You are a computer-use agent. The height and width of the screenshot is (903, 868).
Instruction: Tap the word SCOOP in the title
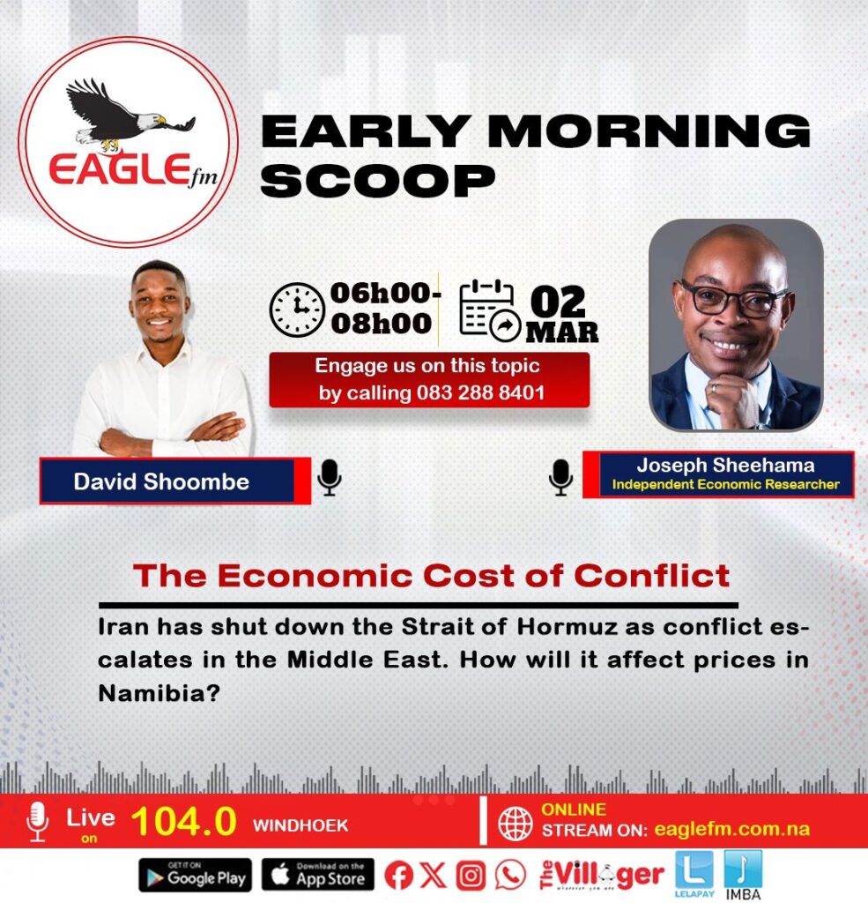[377, 181]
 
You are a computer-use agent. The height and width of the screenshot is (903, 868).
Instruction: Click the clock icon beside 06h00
[297, 310]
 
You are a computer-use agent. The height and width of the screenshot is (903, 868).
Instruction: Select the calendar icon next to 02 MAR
[489, 310]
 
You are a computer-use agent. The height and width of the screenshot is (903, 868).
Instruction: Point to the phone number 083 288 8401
[480, 392]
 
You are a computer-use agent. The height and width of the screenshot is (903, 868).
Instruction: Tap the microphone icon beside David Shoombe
[330, 477]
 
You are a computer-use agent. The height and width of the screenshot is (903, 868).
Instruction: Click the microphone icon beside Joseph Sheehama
[560, 477]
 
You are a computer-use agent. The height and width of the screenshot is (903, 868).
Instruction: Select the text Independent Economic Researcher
[725, 484]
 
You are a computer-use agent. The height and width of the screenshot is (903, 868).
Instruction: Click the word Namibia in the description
[159, 693]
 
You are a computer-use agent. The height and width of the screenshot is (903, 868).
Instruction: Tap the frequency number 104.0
[183, 821]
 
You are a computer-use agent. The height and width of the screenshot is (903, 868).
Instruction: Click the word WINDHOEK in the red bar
[300, 825]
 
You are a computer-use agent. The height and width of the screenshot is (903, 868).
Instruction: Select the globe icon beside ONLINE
[516, 824]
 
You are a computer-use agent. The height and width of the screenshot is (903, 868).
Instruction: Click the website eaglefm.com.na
[731, 829]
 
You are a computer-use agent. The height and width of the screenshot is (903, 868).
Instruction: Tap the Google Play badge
[195, 875]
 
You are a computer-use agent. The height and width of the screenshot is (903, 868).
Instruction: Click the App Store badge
[318, 875]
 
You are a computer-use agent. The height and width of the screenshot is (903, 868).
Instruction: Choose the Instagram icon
[471, 876]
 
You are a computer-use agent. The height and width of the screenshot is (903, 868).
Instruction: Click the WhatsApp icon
[510, 876]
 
